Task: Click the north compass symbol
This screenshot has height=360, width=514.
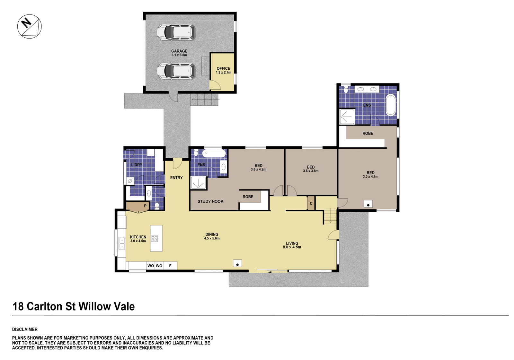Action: coord(29,26)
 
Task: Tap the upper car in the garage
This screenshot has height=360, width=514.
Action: coord(176,32)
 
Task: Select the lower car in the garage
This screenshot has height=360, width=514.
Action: coord(176,71)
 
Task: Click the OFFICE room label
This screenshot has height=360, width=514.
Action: coord(223,68)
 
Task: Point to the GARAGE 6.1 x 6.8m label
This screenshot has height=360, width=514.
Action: coord(179,53)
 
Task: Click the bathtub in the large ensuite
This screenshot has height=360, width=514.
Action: coord(390,105)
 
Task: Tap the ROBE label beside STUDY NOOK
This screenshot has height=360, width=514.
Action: coord(248,197)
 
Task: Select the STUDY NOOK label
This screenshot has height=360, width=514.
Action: coord(210,201)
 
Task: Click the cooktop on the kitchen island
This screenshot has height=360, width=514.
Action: coord(154,239)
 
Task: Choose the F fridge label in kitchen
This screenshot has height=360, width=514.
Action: coord(170,266)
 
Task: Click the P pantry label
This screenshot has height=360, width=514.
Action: coord(145,206)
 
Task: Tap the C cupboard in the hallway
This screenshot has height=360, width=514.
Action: coord(311,203)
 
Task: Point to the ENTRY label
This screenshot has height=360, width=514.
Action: coord(176,178)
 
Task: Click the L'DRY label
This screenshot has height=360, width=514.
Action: coord(137,165)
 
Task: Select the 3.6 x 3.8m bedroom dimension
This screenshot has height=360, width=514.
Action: coord(311,171)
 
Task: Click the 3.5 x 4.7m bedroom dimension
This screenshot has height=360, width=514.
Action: coord(370,177)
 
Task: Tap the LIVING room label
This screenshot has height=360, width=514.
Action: coord(292,243)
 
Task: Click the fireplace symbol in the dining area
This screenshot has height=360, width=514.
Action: coord(237,264)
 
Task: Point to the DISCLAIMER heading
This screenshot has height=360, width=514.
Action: coord(25,329)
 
